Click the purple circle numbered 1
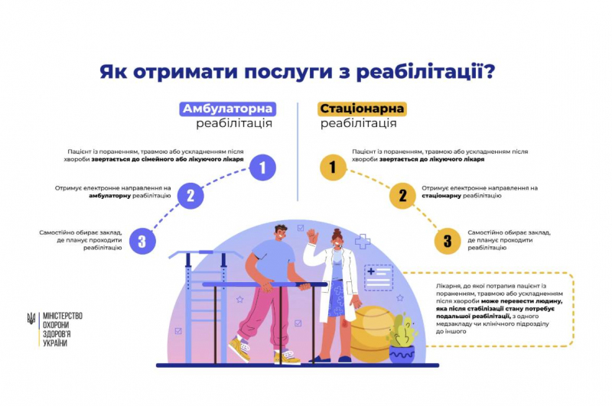click(262, 167)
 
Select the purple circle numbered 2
click(190, 195)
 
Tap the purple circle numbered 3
click(142, 242)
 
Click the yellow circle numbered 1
click(332, 167)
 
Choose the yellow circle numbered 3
click(448, 242)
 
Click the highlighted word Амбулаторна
click(227, 109)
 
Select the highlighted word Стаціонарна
click(362, 109)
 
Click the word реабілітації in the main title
click(418, 73)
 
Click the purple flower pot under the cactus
click(402, 353)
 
